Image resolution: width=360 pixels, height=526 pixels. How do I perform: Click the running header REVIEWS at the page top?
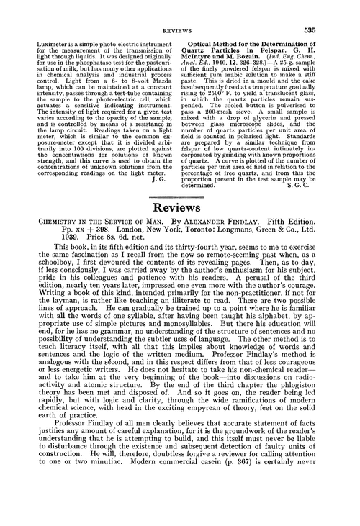180,11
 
